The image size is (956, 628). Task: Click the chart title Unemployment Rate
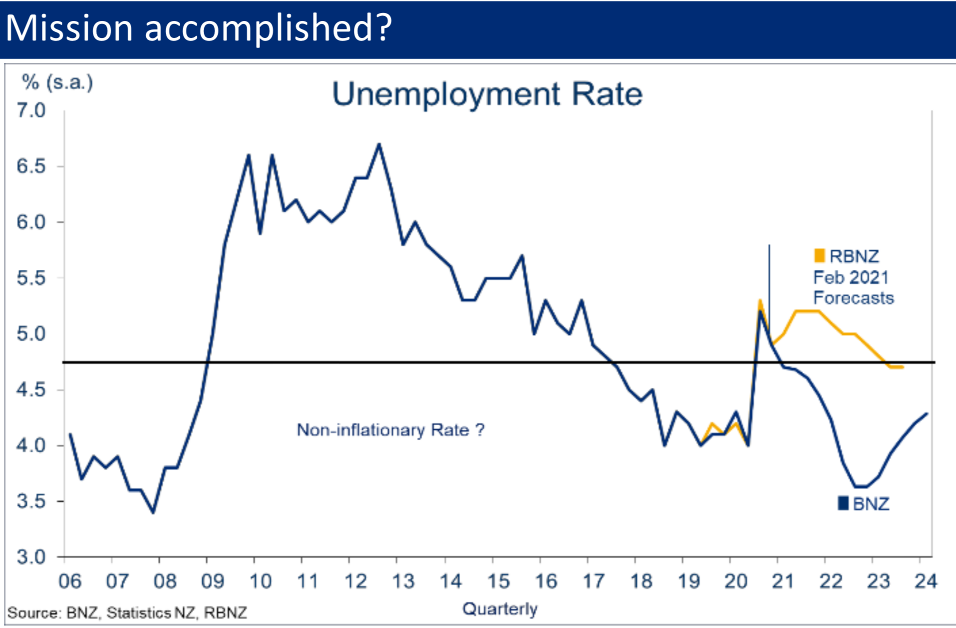[487, 94]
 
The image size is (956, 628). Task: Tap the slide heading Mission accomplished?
[198, 28]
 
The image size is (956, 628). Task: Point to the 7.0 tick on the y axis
[31, 110]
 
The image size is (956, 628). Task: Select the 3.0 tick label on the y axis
[31, 557]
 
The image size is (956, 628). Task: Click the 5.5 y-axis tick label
[31, 278]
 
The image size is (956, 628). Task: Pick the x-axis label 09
[212, 582]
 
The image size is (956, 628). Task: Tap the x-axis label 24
[925, 582]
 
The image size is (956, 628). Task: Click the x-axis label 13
[402, 582]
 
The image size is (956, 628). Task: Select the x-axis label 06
[70, 582]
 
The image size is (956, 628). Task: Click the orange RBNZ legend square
[819, 256]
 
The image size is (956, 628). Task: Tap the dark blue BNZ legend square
[843, 503]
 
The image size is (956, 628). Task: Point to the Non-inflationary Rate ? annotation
[390, 430]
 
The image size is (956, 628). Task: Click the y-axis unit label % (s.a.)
[57, 82]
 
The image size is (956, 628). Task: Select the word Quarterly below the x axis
[500, 609]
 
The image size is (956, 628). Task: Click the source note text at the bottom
[127, 613]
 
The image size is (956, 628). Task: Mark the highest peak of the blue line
[379, 144]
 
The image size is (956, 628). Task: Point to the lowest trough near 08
[153, 513]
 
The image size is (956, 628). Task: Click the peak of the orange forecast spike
[759, 300]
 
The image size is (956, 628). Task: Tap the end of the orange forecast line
[903, 367]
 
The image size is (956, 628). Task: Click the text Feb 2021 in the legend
[851, 277]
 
